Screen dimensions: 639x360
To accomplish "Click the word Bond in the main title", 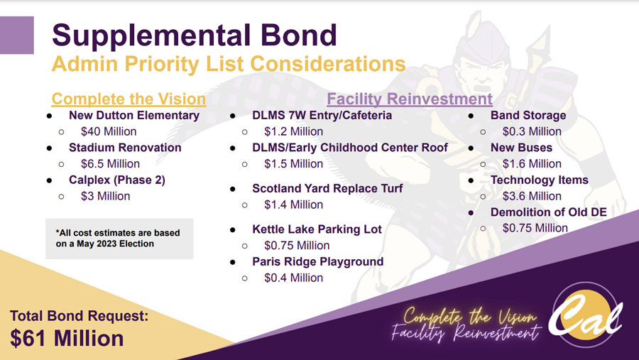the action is (x=299, y=35).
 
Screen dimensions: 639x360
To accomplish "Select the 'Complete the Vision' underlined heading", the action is (x=129, y=99).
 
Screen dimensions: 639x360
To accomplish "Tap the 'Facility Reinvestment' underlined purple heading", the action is (x=410, y=99).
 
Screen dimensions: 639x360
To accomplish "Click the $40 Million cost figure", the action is (x=109, y=131).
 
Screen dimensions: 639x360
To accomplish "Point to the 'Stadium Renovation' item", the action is (x=125, y=148).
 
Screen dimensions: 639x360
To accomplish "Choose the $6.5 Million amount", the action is (x=110, y=164).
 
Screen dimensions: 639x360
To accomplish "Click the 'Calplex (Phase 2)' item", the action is (x=117, y=180).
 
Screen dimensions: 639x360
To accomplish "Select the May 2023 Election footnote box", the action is (x=119, y=239).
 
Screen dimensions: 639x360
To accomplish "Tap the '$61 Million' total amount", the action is (x=67, y=339).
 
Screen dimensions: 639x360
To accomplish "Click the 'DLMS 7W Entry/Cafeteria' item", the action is (x=322, y=115).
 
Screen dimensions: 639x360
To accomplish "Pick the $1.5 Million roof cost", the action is (x=293, y=164).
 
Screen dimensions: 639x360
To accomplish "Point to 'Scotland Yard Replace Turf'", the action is (x=327, y=188).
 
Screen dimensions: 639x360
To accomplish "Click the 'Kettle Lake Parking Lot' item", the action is (x=317, y=229).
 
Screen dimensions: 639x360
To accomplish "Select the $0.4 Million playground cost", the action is (x=293, y=278).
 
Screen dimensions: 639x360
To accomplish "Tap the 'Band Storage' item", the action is (x=528, y=115).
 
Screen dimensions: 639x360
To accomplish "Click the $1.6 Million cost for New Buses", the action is (x=532, y=164).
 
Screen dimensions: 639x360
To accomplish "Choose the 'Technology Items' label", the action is (x=540, y=180).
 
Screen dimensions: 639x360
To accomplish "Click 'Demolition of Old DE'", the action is (x=549, y=212).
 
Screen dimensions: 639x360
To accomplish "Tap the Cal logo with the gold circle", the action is (x=585, y=315).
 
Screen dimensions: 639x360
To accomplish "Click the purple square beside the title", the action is (x=17, y=35).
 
